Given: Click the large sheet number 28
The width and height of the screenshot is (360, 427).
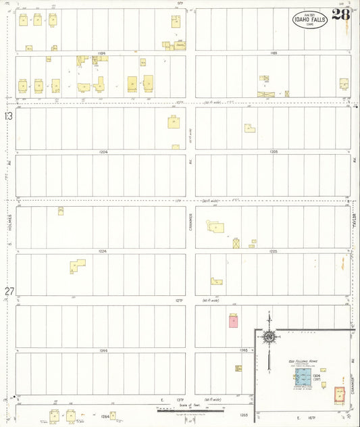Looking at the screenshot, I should click(341, 15).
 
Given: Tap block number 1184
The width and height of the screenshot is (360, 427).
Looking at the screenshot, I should click(102, 53).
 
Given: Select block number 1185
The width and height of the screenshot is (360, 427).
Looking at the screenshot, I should click(274, 53).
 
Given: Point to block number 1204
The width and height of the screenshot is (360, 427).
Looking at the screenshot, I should click(103, 152).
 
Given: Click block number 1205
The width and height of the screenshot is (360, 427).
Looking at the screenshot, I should click(274, 152).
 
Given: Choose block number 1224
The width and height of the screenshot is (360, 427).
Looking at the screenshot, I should click(103, 251).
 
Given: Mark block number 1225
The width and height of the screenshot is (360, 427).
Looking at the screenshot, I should click(274, 251).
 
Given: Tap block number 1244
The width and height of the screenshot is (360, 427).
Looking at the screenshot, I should click(103, 351).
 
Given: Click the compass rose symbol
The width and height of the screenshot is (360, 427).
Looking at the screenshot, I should click(269, 336).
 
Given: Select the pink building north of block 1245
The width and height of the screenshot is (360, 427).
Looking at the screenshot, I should click(233, 321).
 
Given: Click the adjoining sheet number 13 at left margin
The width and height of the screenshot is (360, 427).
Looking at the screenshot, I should click(9, 116).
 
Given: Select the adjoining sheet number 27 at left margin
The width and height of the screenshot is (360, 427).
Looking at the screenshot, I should click(9, 291).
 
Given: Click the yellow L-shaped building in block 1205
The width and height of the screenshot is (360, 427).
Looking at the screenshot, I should click(249, 128).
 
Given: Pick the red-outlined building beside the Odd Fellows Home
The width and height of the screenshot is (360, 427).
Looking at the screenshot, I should click(339, 393).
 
